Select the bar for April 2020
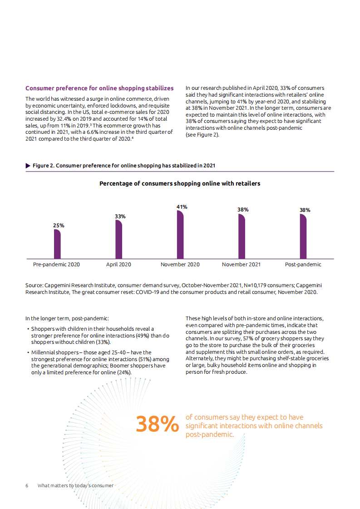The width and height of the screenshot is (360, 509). pyautogui.click(x=118, y=239)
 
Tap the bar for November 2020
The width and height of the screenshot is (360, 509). pyautogui.click(x=180, y=234)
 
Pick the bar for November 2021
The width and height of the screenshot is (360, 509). pyautogui.click(x=242, y=236)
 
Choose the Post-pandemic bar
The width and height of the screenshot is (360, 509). pyautogui.click(x=303, y=236)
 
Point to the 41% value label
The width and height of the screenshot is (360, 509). pyautogui.click(x=182, y=207)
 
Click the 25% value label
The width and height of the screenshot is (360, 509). pyautogui.click(x=59, y=225)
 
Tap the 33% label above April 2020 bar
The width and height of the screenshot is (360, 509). pyautogui.click(x=120, y=216)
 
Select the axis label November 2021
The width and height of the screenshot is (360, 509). pyautogui.click(x=241, y=264)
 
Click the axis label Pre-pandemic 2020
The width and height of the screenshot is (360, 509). pyautogui.click(x=56, y=264)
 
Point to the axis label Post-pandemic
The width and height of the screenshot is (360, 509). pyautogui.click(x=303, y=264)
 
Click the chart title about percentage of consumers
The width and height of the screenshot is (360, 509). pyautogui.click(x=180, y=184)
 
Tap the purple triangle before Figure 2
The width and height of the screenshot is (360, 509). pyautogui.click(x=28, y=166)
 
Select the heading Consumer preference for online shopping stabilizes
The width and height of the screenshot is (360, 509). pyautogui.click(x=99, y=88)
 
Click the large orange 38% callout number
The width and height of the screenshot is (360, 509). pyautogui.click(x=157, y=425)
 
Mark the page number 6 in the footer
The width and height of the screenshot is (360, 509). pyautogui.click(x=27, y=485)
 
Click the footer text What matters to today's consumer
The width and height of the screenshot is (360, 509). pyautogui.click(x=75, y=485)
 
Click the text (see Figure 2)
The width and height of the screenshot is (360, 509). pyautogui.click(x=202, y=135)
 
